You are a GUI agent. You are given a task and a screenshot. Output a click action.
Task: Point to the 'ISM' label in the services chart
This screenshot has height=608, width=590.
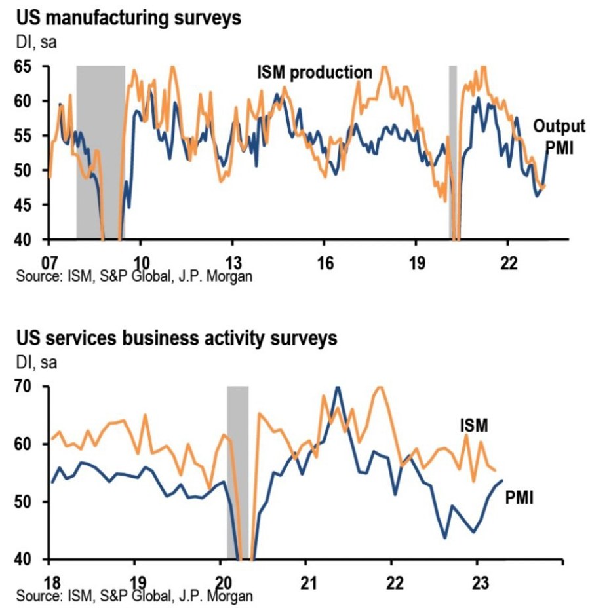click(x=473, y=426)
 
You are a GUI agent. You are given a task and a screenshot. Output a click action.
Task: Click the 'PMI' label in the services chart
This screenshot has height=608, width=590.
click(x=519, y=499)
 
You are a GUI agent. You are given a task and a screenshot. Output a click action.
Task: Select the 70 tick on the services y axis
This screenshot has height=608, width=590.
click(x=27, y=387)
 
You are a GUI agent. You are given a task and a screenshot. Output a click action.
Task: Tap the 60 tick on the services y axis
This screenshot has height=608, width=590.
click(x=27, y=444)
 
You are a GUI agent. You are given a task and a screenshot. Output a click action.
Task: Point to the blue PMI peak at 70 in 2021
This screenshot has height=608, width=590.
click(x=338, y=388)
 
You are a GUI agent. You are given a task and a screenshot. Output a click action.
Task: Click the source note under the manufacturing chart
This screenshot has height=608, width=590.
click(x=134, y=275)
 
